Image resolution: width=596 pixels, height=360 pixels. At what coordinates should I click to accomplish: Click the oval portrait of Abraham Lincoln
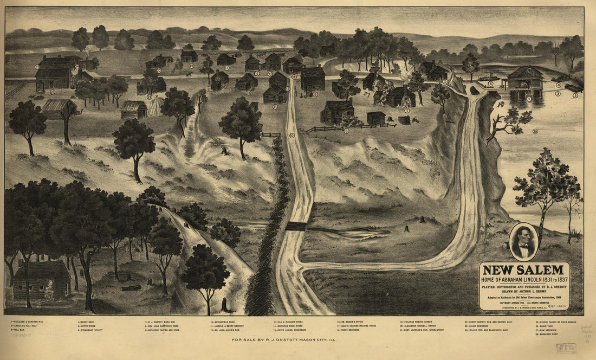(x=523, y=242)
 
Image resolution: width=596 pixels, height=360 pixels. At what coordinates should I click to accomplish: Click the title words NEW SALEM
(x=523, y=269)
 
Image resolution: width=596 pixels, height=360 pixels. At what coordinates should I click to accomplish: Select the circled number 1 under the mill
(x=529, y=99)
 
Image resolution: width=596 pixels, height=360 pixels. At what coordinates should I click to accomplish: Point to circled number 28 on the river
(x=535, y=131)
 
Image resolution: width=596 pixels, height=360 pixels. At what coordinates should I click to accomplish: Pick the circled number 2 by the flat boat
(x=575, y=95)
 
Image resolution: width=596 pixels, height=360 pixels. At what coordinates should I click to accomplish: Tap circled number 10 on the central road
(x=292, y=136)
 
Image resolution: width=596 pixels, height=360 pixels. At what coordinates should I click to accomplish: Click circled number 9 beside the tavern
(x=315, y=94)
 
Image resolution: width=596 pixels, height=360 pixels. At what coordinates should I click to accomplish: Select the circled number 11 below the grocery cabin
(x=275, y=107)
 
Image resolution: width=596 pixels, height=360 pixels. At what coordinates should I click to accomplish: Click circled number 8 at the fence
(x=346, y=131)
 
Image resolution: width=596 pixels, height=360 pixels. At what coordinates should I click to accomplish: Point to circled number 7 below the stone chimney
(x=406, y=111)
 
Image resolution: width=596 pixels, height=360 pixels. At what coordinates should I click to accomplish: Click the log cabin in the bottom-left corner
(x=41, y=281)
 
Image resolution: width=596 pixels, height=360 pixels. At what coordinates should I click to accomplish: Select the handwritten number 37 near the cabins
(x=367, y=95)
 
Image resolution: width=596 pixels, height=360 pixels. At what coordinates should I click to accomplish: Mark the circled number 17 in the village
(x=226, y=68)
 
